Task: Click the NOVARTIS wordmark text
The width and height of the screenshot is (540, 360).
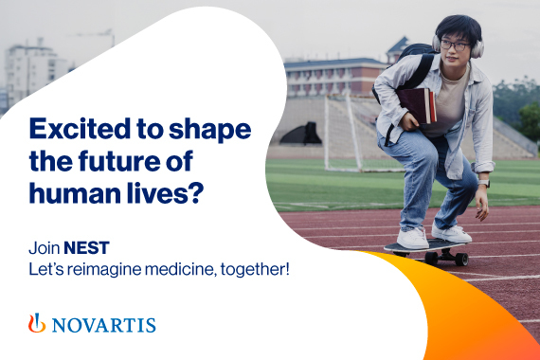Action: [x=103, y=325]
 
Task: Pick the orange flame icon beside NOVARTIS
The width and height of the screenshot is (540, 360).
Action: [x=37, y=323]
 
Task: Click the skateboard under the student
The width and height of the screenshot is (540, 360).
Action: [x=427, y=247]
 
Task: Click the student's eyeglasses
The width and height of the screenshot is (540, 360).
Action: [x=455, y=45]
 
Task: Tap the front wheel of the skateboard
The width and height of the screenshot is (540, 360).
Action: [x=462, y=259]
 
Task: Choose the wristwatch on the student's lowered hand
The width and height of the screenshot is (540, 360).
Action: [x=483, y=182]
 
